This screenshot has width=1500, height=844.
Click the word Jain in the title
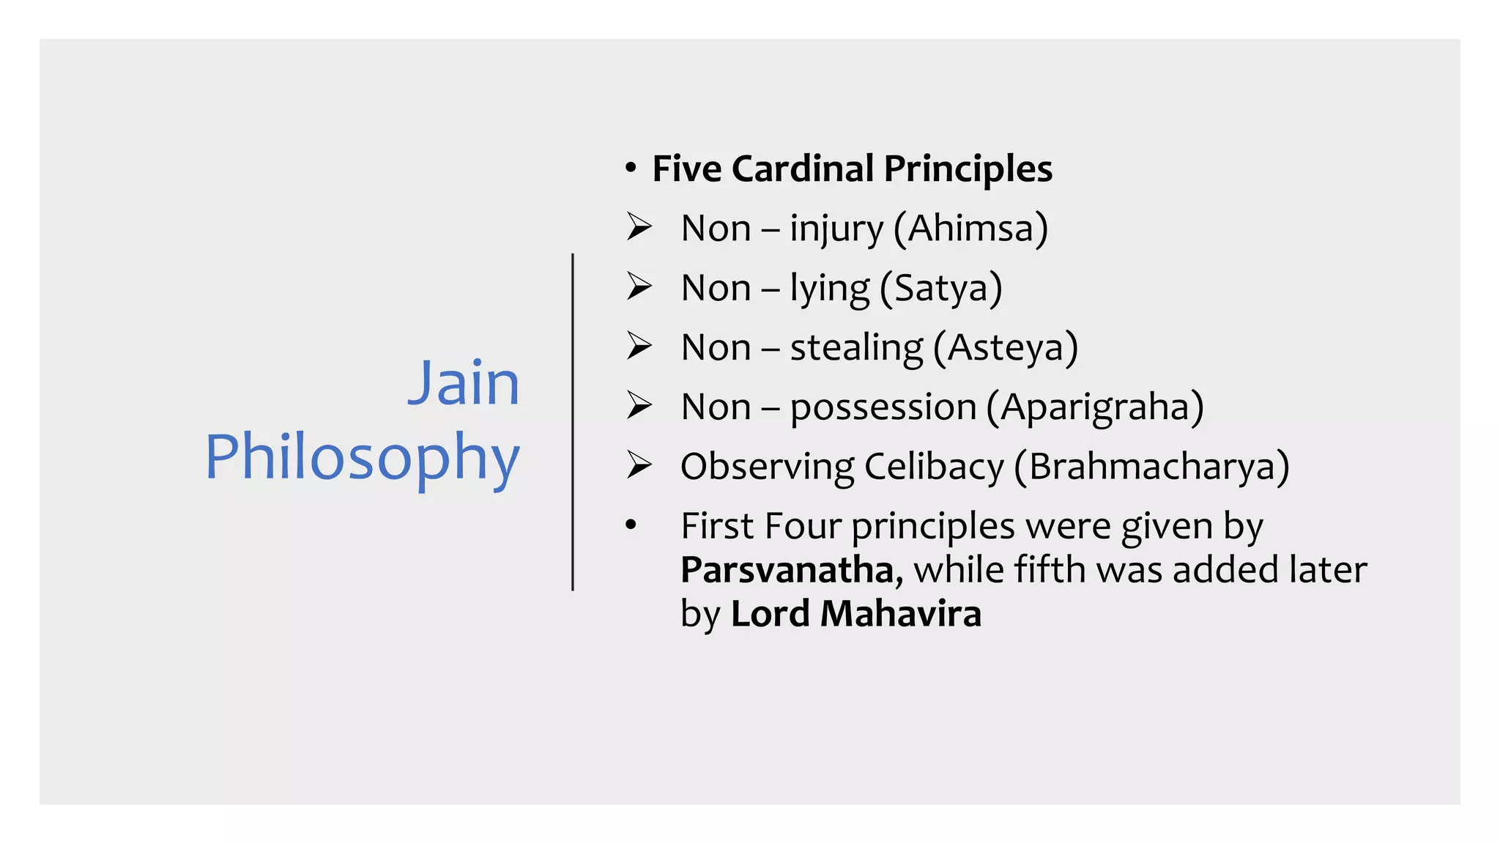click(x=464, y=383)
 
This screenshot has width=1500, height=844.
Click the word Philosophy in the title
click(x=362, y=457)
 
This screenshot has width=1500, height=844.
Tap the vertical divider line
click(x=573, y=421)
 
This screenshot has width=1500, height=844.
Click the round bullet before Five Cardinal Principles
click(x=631, y=169)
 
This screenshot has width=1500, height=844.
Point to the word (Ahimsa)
click(x=970, y=229)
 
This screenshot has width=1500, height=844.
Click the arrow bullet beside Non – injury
click(x=639, y=227)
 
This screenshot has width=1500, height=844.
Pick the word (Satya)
click(x=940, y=288)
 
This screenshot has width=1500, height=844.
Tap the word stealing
click(x=857, y=347)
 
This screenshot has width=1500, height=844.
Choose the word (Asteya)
click(x=1006, y=347)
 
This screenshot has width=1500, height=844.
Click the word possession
click(x=883, y=407)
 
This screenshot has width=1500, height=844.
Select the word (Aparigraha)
click(x=1095, y=407)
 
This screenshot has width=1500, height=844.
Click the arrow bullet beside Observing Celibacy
click(x=639, y=465)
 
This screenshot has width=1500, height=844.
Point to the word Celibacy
click(x=934, y=467)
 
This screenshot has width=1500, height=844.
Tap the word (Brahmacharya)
click(x=1152, y=467)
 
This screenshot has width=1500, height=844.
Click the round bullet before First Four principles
click(x=631, y=525)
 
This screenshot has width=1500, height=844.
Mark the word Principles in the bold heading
click(x=968, y=169)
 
